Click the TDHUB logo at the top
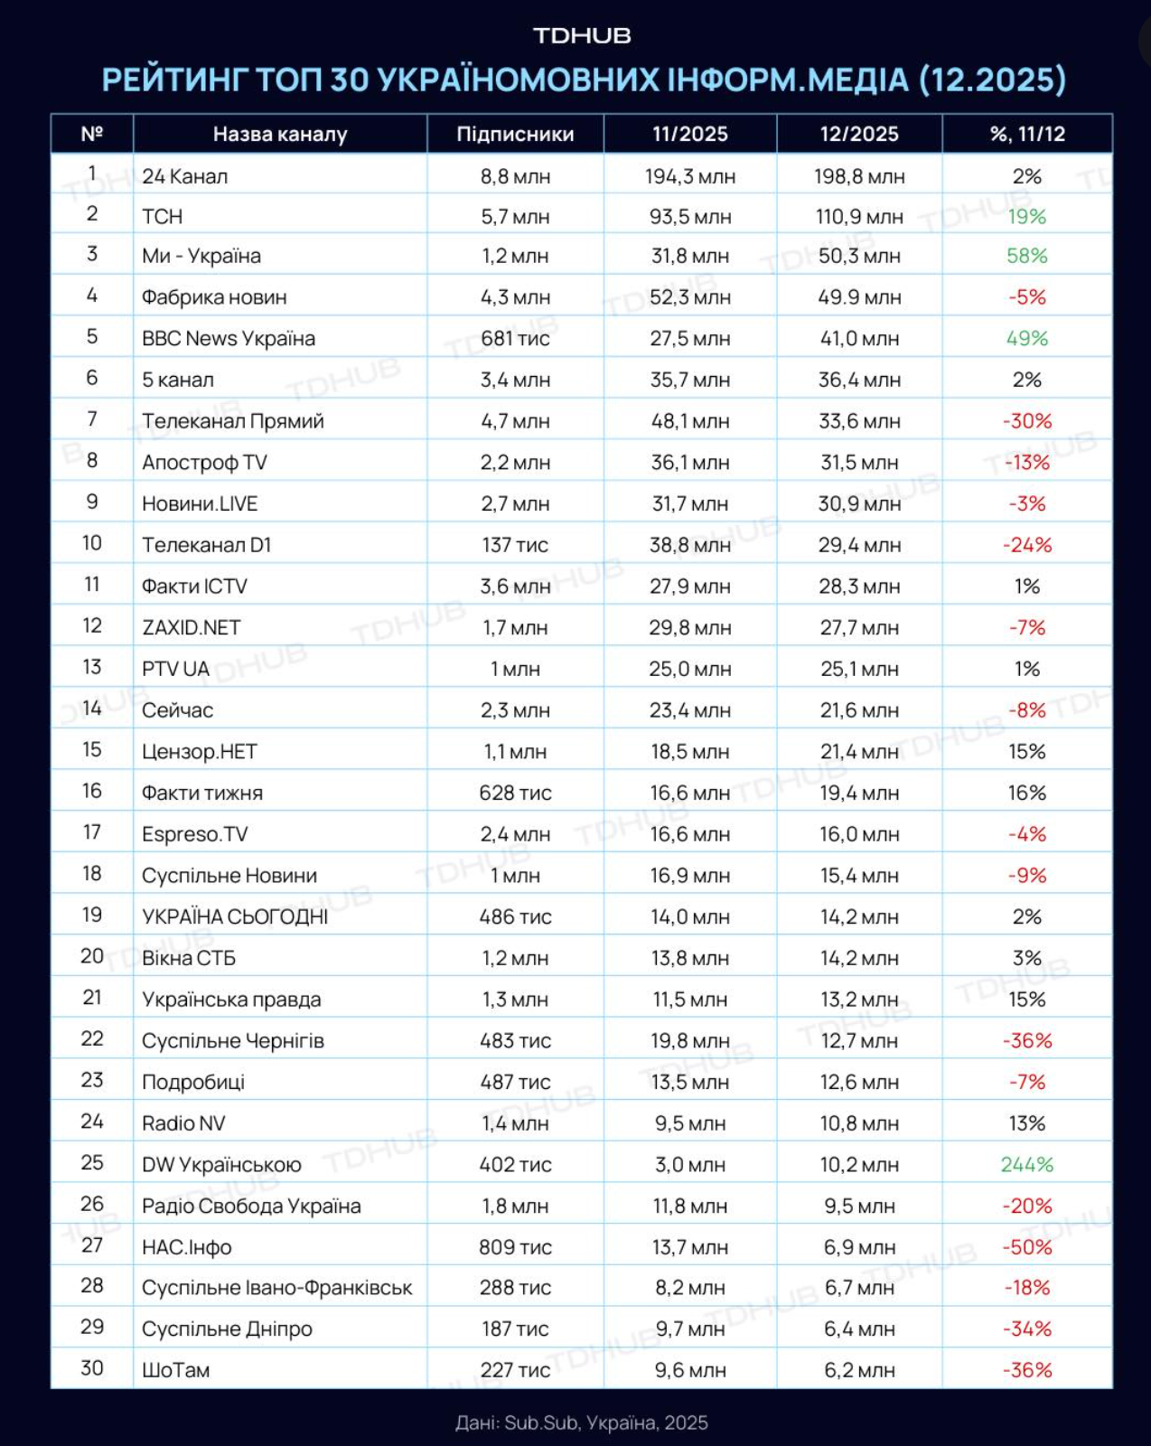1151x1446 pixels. click(x=582, y=36)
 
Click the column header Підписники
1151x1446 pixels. click(x=515, y=135)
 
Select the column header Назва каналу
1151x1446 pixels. click(x=280, y=135)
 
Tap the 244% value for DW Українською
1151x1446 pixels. click(x=1027, y=1165)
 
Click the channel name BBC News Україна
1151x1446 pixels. click(x=229, y=339)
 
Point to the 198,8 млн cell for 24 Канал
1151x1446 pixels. click(x=859, y=177)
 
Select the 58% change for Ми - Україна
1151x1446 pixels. click(x=1027, y=257)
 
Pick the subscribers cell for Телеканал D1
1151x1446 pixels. click(x=515, y=546)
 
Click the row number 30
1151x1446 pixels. click(x=92, y=1368)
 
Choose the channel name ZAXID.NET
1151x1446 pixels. click(x=192, y=628)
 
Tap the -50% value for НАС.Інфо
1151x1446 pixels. click(x=1027, y=1248)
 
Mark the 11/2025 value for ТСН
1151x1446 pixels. click(x=690, y=217)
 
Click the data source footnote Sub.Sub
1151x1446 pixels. click(x=541, y=1423)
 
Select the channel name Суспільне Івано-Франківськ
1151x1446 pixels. click(x=277, y=1288)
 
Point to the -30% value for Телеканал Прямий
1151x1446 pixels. click(x=1027, y=422)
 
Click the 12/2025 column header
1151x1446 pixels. click(x=859, y=135)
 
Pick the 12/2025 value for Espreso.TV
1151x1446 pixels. click(x=859, y=835)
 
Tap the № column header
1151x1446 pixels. click(x=92, y=135)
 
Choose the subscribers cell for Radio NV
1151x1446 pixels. click(x=515, y=1124)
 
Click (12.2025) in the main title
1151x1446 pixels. click(x=992, y=80)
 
